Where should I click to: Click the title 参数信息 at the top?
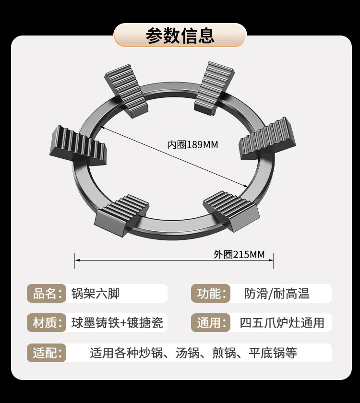tap(180, 36)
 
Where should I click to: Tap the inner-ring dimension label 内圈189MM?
tap(192, 144)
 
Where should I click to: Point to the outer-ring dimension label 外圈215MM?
tap(239, 254)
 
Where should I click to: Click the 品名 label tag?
tap(46, 293)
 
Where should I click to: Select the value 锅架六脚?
tap(95, 293)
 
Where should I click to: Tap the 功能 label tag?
tap(210, 293)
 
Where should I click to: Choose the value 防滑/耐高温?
tap(276, 293)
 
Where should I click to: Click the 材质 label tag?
tap(46, 323)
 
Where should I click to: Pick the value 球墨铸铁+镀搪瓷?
tap(117, 323)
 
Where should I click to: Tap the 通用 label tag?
tap(210, 323)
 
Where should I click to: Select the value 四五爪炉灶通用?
tap(282, 323)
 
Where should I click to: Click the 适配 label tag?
tap(46, 353)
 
